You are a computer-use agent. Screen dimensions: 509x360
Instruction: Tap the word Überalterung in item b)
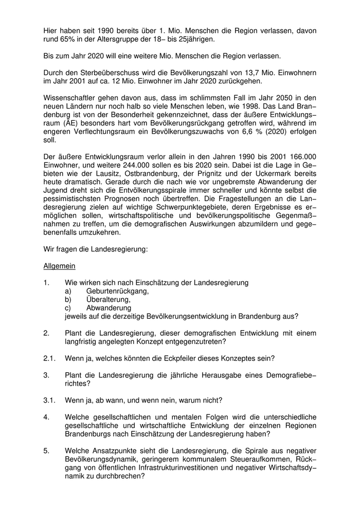click(108, 299)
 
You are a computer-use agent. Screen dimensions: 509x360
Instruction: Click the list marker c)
click(68, 307)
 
